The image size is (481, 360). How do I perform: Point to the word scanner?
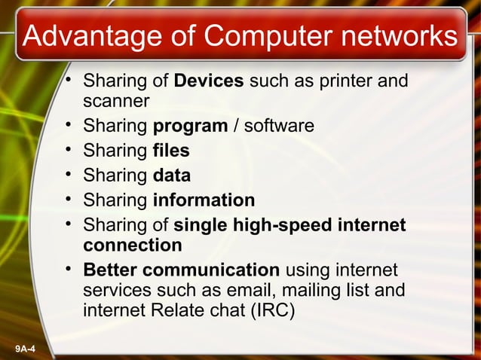(117, 100)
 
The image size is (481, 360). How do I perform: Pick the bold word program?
(190, 126)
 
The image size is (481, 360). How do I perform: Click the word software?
(278, 126)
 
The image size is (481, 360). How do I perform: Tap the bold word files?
(171, 151)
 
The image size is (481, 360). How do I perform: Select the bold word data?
(171, 175)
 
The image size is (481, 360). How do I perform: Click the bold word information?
(204, 200)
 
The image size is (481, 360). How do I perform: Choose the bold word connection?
(133, 245)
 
